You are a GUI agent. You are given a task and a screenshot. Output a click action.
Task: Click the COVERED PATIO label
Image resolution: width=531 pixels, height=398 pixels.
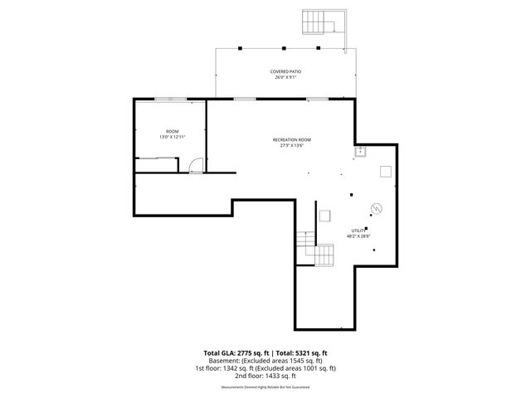point(285,72)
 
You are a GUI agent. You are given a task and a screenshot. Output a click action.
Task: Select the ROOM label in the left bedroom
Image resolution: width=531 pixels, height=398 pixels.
point(172,131)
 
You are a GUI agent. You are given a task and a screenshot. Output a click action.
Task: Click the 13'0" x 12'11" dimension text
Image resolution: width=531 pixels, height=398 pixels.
point(172,137)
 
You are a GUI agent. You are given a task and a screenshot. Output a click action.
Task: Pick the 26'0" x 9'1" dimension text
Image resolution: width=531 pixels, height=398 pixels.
point(285,78)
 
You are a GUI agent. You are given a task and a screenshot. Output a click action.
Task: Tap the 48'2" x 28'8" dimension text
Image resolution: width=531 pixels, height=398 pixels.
point(358,235)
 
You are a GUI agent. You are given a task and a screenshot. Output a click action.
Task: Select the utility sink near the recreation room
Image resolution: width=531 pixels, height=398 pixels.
point(361,152)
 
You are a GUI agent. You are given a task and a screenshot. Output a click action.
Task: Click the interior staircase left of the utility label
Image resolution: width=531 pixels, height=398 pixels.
point(322,252)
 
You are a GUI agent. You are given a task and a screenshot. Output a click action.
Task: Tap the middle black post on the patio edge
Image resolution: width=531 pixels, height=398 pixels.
point(283,47)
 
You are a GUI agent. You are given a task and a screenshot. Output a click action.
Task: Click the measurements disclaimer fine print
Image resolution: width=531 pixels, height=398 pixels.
point(265,387)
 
